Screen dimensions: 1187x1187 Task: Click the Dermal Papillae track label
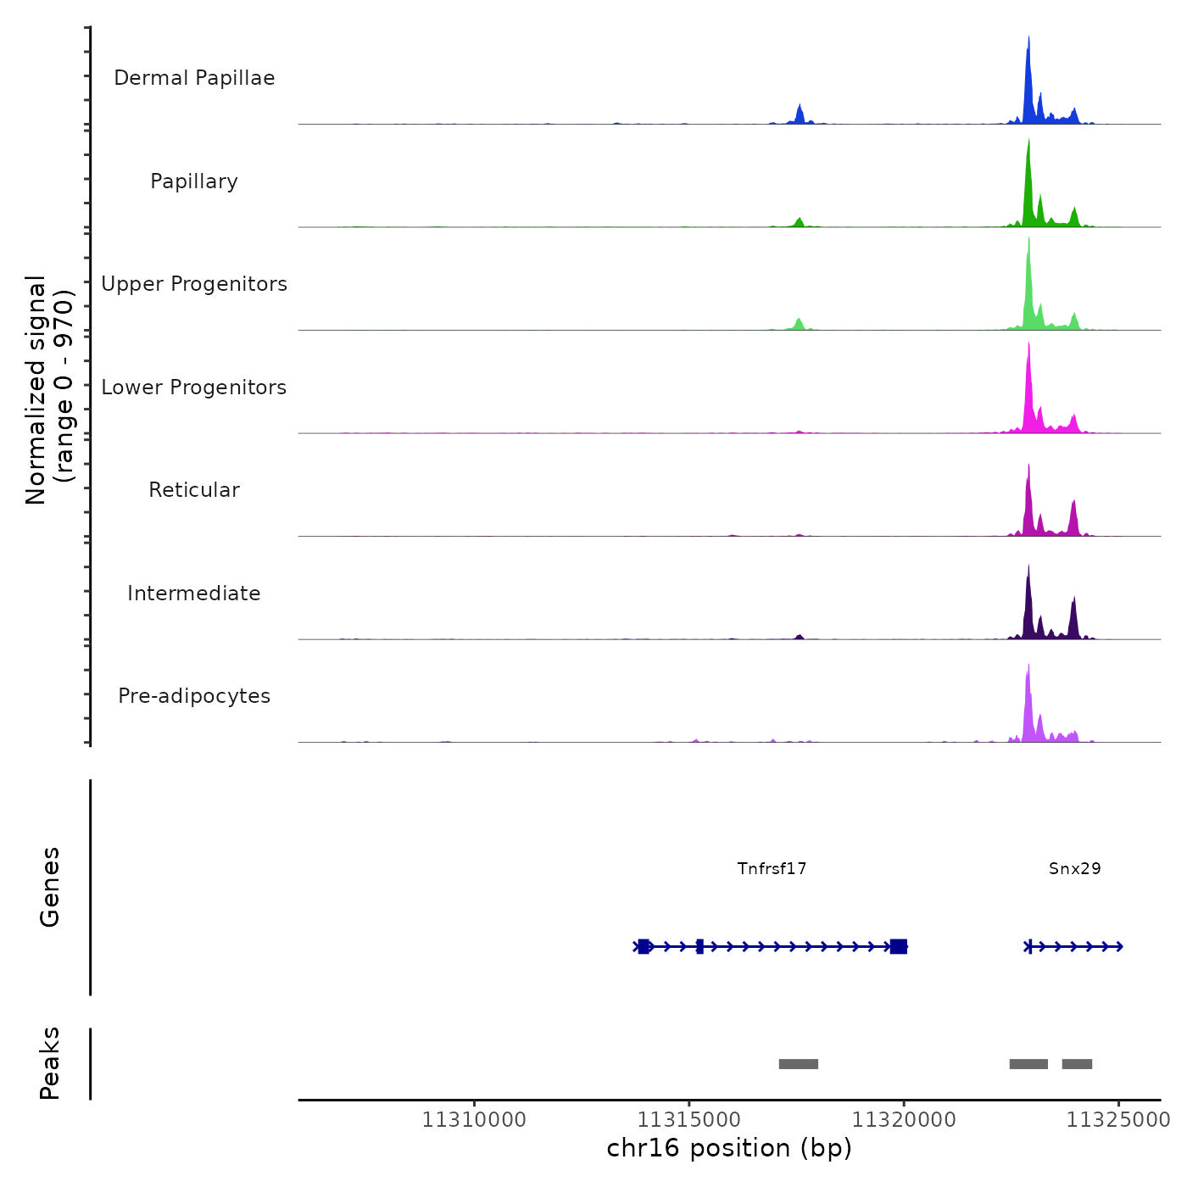tap(194, 78)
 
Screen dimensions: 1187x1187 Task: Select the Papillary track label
tap(194, 181)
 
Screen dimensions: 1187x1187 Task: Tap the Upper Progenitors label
tap(194, 284)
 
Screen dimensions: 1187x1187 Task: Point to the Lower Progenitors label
tap(194, 387)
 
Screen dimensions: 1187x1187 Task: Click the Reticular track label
tap(194, 490)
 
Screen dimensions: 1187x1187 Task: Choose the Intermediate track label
tap(194, 593)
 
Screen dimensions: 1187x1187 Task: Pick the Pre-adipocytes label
tap(194, 696)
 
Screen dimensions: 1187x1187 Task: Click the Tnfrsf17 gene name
tap(772, 868)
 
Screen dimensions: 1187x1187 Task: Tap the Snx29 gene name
tap(1074, 868)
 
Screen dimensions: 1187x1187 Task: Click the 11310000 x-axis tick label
tap(474, 1120)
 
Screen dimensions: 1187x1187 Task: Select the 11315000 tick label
tap(689, 1120)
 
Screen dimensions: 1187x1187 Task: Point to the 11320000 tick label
tap(904, 1120)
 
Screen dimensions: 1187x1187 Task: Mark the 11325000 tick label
tap(1117, 1120)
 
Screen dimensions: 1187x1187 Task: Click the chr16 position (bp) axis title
tap(729, 1148)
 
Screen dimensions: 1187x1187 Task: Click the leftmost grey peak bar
tap(798, 1064)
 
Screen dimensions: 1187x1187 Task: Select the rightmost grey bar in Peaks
tap(1077, 1064)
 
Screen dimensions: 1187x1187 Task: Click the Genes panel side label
tap(49, 887)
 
